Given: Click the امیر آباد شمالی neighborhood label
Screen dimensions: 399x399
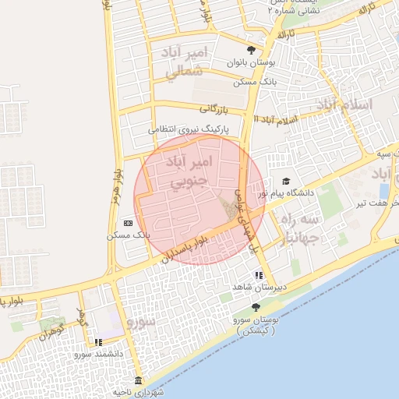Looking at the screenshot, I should click(x=185, y=62).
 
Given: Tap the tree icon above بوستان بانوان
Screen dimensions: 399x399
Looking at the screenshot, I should click(x=250, y=48).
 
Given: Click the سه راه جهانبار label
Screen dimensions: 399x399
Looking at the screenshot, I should click(x=299, y=227).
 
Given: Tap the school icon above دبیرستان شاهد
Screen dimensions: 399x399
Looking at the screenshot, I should click(x=258, y=275).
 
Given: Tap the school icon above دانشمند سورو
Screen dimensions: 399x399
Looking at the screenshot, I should click(x=98, y=342).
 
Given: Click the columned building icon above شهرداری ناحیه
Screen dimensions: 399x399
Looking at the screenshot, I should click(x=139, y=381).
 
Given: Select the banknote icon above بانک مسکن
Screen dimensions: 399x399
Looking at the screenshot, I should click(x=128, y=223).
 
